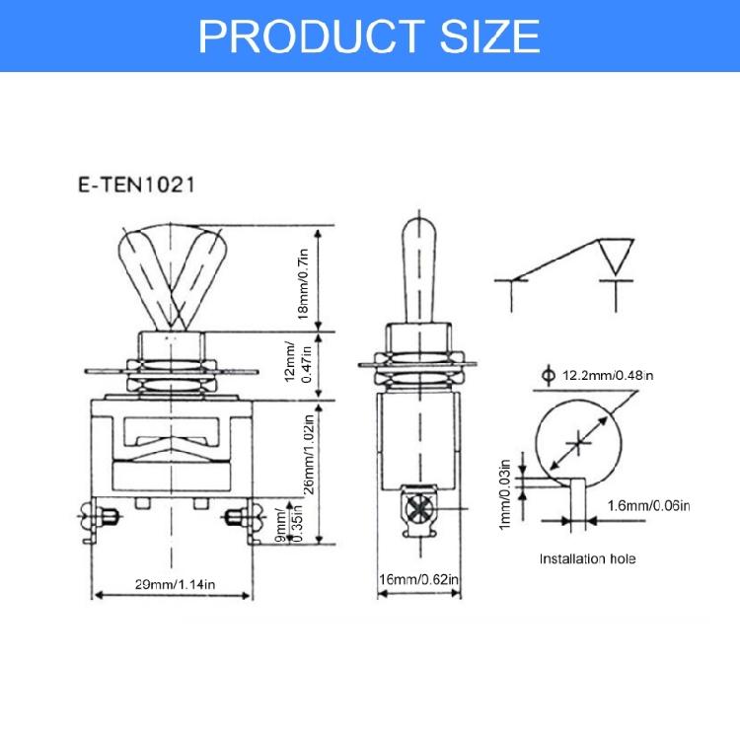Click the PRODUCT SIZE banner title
(369, 35)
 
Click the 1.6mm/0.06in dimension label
(648, 505)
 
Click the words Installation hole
(587, 558)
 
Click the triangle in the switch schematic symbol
(617, 256)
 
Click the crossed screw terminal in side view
(417, 508)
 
